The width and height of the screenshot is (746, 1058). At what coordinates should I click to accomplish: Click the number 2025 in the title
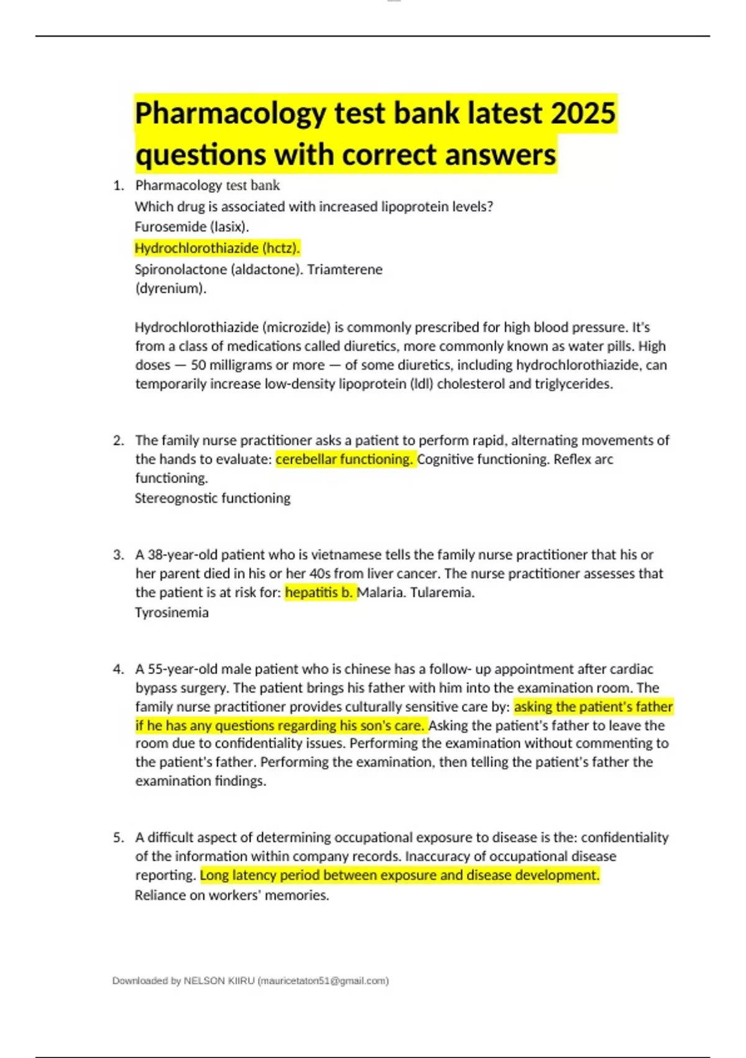coord(583,113)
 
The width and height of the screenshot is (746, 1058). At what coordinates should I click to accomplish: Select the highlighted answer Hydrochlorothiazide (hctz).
coord(217,248)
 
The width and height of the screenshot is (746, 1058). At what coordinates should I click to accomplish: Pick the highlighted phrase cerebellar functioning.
coord(344,459)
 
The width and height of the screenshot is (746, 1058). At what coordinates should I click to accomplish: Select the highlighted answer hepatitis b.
coord(319,592)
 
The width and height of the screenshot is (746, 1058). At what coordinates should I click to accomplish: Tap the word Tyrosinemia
coord(172,613)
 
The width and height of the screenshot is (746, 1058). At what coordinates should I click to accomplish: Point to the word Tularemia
coord(442,592)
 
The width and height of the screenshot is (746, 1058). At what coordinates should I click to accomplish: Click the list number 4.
coord(117,670)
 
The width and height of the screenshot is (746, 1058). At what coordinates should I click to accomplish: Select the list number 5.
coord(117,838)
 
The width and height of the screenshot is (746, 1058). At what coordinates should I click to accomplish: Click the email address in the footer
coord(323,981)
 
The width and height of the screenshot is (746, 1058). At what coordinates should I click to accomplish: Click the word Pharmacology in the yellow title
coord(230,113)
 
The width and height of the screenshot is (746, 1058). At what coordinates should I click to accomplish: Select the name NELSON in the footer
coord(204,981)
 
